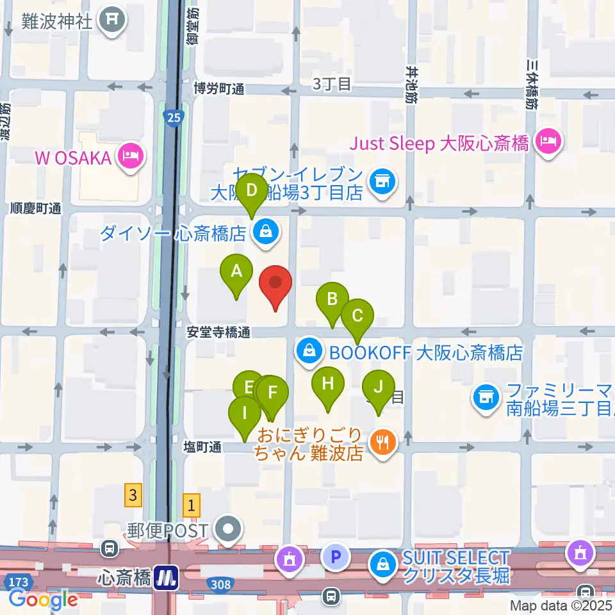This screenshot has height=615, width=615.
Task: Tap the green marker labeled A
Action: point(236,273)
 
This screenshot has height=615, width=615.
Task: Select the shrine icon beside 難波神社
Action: point(113,21)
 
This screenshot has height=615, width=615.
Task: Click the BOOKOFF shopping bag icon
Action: point(309,351)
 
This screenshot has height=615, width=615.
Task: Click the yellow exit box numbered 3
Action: point(133,495)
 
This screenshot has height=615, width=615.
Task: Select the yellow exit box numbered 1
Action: point(192,505)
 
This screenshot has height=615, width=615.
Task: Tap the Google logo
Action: point(43,600)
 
